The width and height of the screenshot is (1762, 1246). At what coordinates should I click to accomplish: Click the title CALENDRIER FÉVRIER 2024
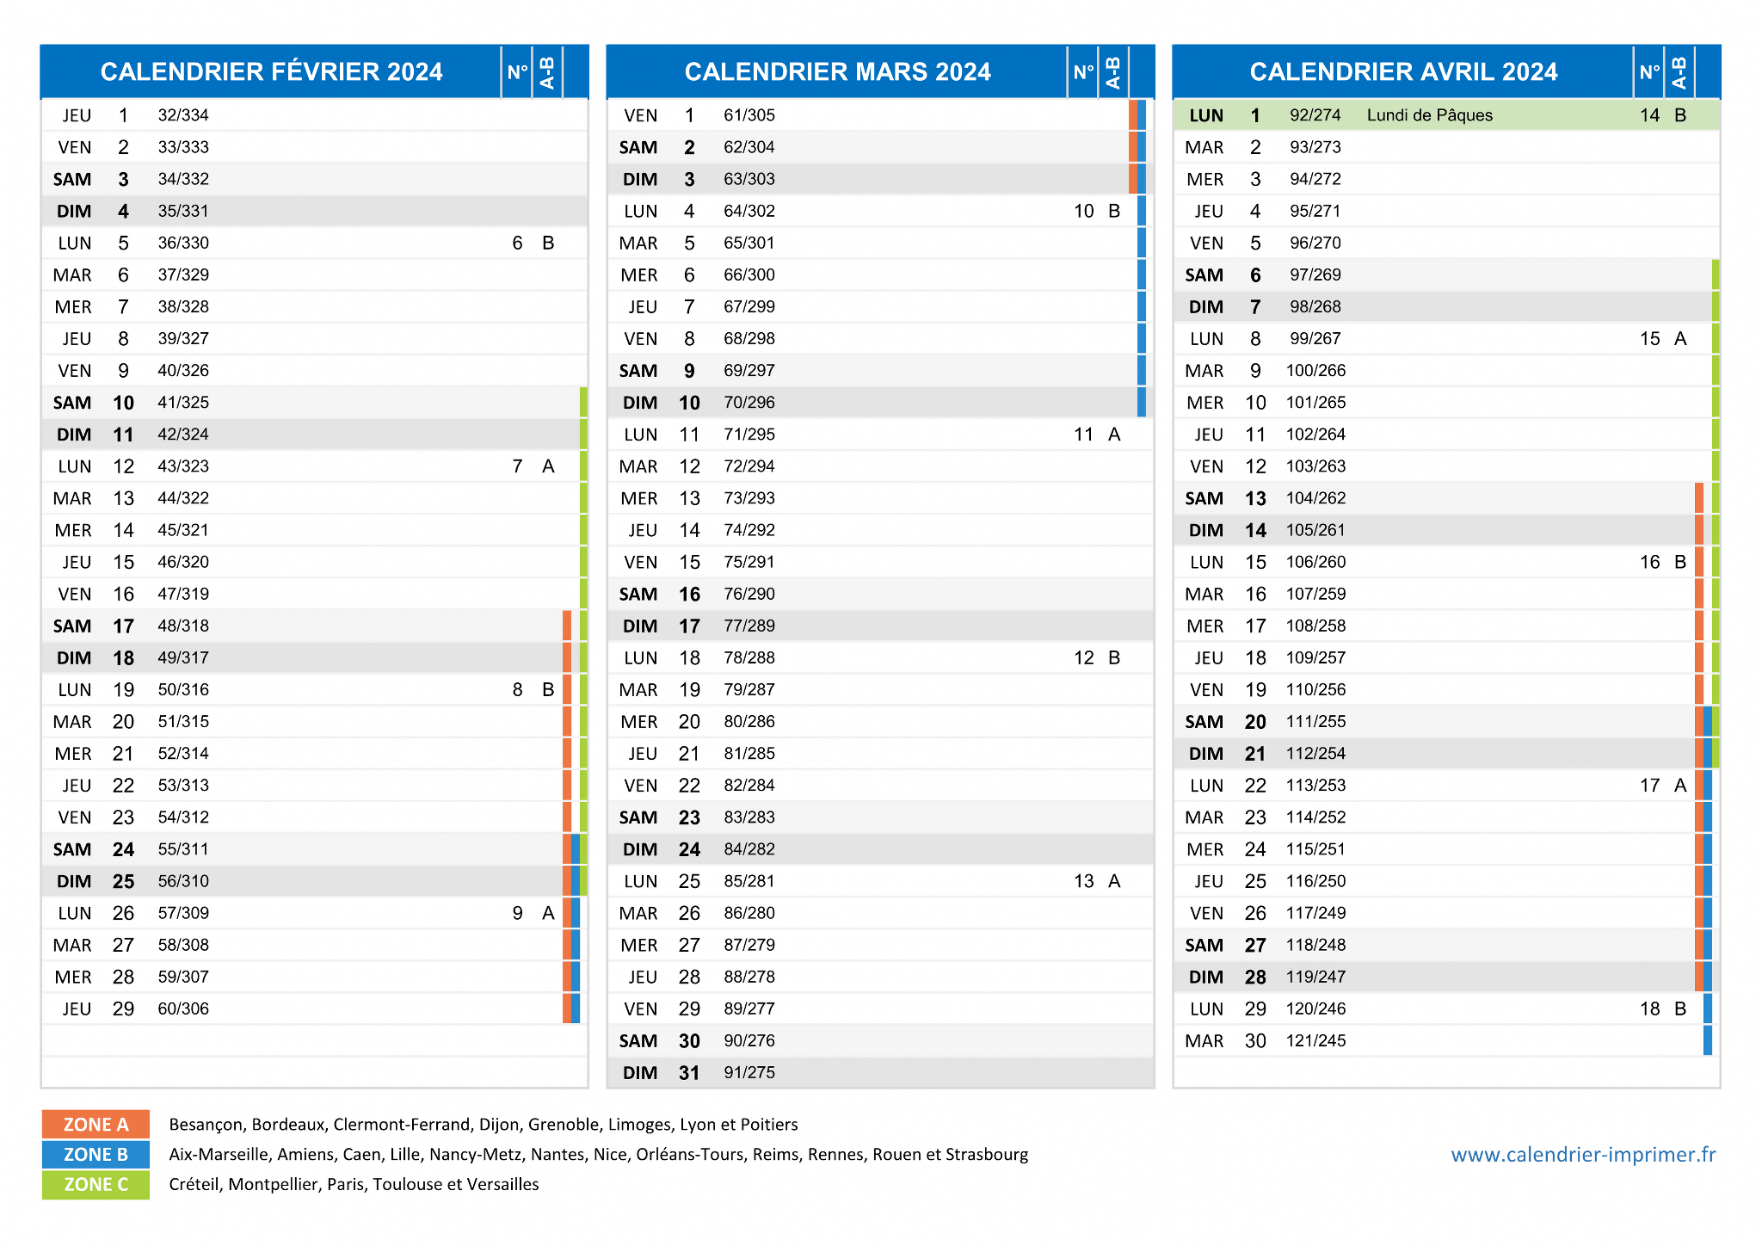pos(271,71)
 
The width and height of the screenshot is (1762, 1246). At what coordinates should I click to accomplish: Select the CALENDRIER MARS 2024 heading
pos(837,71)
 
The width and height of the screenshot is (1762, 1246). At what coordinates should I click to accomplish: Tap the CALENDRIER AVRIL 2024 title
pos(1403,71)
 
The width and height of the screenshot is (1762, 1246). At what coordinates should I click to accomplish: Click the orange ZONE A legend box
pos(95,1124)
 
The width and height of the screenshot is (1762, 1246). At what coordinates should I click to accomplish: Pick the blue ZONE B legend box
pos(95,1154)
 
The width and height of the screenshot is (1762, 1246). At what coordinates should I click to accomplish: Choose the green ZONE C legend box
pos(95,1184)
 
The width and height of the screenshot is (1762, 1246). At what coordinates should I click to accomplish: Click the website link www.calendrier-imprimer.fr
pos(1583,1154)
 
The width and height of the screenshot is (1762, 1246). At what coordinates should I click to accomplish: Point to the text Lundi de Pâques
pos(1429,115)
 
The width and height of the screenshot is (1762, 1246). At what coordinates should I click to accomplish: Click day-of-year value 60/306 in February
pos(183,1009)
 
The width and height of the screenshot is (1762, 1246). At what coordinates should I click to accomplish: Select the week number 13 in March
pos(1083,881)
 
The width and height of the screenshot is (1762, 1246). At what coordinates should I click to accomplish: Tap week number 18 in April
pos(1649,1009)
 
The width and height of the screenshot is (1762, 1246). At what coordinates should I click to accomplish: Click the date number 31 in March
pos(689,1073)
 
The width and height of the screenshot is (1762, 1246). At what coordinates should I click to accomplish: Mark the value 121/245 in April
pos(1315,1040)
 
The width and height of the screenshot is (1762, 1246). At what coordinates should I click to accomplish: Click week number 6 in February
pos(517,243)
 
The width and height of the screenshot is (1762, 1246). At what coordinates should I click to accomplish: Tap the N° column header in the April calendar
pos(1649,71)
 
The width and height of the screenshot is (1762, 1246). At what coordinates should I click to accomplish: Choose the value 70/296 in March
pos(749,402)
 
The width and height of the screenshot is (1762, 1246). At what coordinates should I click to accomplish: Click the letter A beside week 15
pos(1680,338)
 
